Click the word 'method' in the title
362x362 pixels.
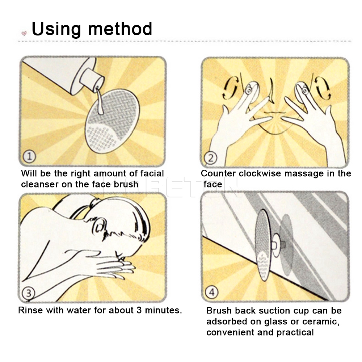point(120,29)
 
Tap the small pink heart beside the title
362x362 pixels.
point(24,33)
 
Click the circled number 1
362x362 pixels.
point(29,156)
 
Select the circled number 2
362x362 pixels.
point(211,158)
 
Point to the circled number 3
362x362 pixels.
point(28,293)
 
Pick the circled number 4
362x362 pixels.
point(211,292)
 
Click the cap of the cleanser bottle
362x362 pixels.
point(92,77)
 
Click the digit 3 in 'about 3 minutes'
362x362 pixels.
point(139,310)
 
